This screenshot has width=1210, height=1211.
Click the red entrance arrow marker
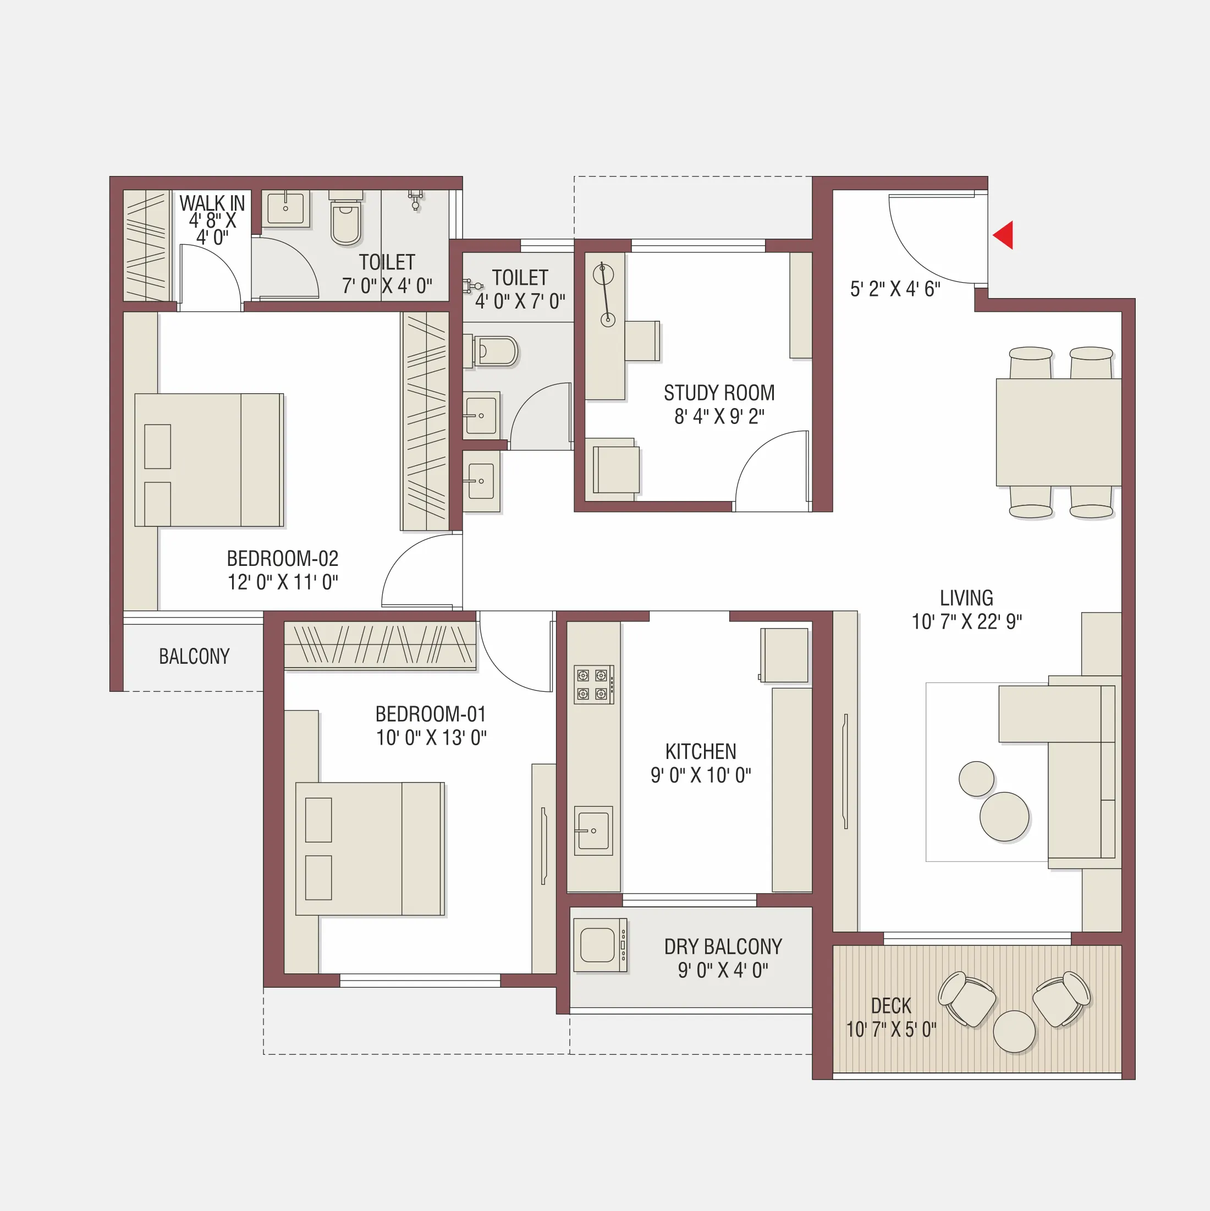(1004, 235)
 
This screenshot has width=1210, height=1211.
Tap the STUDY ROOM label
(719, 393)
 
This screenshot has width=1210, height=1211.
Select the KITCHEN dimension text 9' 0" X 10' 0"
(700, 775)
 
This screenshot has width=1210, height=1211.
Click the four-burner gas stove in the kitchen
(592, 685)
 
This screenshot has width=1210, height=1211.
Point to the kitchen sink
(592, 830)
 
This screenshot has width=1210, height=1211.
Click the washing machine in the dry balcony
(600, 945)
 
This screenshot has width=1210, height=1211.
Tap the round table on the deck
(1014, 1031)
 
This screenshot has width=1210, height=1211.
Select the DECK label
(890, 1005)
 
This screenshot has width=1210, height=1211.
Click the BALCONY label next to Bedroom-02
(194, 656)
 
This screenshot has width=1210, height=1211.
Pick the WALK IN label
(212, 203)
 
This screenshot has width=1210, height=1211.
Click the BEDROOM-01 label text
(431, 714)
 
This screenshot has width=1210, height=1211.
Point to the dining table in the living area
(1058, 431)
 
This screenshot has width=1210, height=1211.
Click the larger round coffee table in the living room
(1004, 817)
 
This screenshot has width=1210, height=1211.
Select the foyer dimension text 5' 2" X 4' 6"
(895, 289)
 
